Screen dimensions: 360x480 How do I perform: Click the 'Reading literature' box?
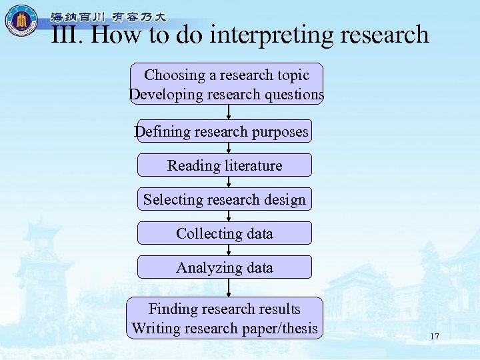224,165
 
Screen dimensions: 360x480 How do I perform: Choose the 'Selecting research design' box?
224,199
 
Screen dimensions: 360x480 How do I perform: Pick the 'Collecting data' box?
224,233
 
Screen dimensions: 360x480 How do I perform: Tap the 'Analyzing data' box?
224,267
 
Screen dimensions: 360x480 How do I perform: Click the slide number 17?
435,337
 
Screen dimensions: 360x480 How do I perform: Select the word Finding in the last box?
172,309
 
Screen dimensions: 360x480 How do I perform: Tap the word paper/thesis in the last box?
279,328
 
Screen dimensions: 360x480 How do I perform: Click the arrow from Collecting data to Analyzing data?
229,250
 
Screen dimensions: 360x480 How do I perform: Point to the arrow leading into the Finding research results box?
229,287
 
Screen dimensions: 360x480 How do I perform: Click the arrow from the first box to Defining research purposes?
229,112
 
